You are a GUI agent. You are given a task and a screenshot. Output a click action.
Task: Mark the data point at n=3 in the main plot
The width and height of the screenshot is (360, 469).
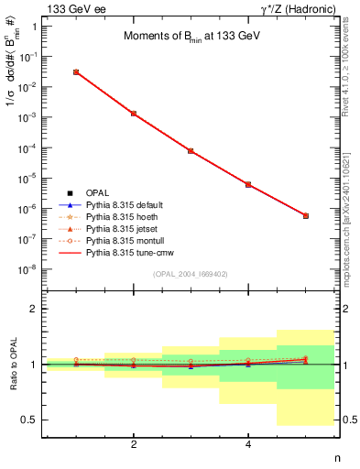coord(191,150)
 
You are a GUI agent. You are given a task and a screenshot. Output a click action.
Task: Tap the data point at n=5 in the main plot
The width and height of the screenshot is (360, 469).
coord(305,215)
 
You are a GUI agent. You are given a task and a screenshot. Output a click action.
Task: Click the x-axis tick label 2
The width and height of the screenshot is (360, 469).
coord(134,444)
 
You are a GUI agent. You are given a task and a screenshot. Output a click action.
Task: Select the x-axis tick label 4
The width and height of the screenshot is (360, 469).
coord(248,444)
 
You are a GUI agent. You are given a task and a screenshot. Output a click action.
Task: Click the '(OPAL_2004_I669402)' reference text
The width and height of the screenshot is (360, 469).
coord(191,273)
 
